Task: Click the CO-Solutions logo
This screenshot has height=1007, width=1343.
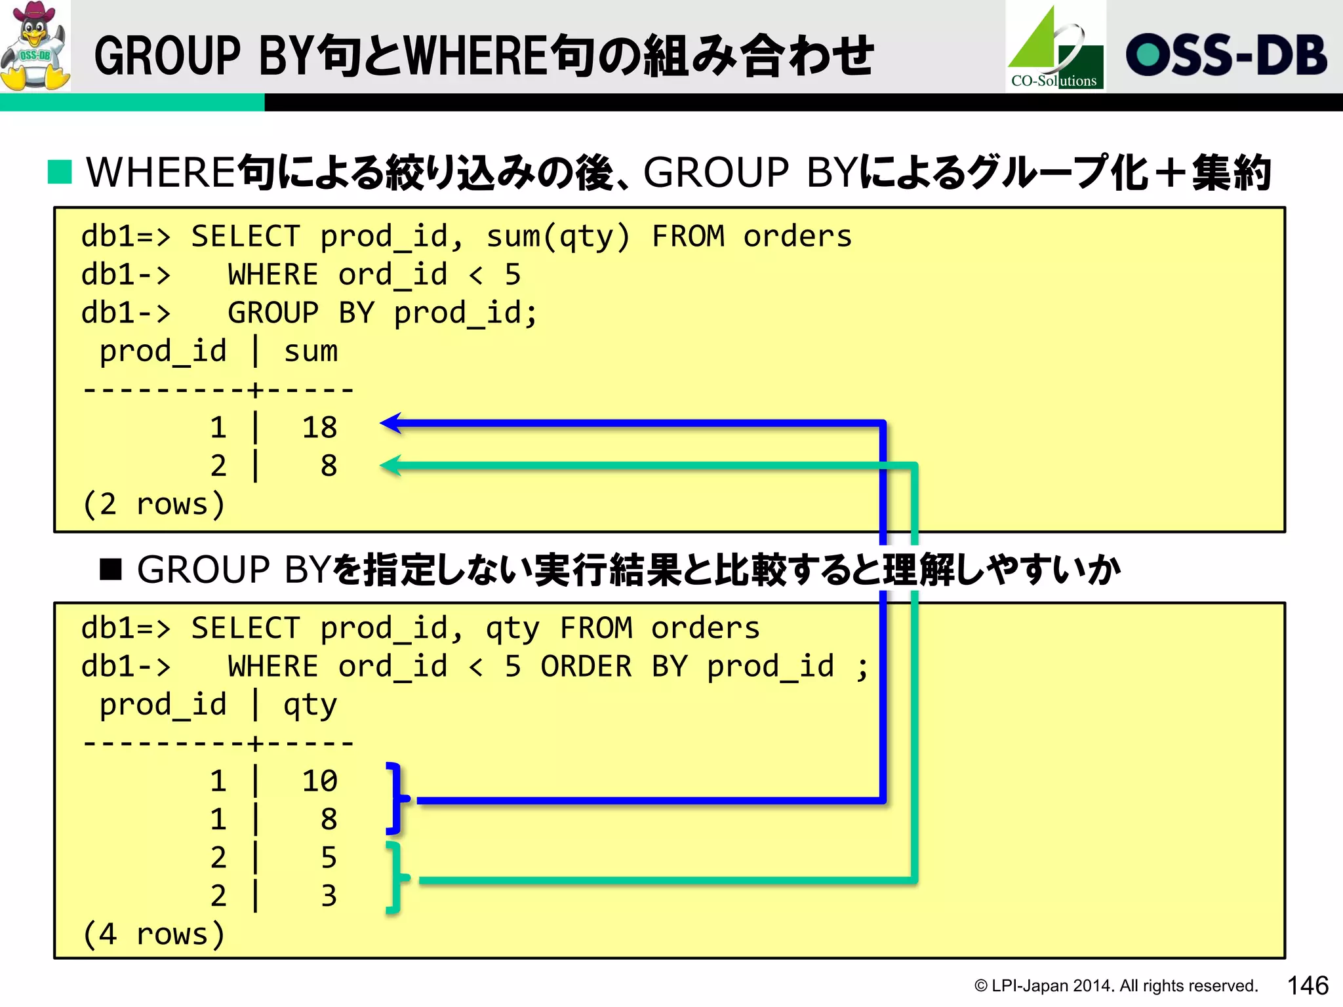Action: click(x=1055, y=47)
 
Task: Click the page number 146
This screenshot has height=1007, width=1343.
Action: click(x=1308, y=985)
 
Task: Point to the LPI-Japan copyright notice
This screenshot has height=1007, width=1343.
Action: click(x=1115, y=985)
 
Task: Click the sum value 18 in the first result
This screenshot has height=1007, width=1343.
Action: click(x=319, y=427)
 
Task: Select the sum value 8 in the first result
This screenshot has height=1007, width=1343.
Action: click(x=329, y=466)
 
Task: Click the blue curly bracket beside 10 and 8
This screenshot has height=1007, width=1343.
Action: click(x=396, y=799)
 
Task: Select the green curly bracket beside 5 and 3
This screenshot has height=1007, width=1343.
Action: click(x=396, y=879)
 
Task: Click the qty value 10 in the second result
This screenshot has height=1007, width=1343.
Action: click(x=319, y=781)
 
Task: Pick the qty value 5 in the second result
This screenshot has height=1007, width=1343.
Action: click(x=329, y=858)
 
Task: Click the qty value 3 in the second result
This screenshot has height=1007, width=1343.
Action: click(x=329, y=896)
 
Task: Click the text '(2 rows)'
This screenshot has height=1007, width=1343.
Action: click(x=154, y=504)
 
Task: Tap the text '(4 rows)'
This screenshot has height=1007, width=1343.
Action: click(x=154, y=934)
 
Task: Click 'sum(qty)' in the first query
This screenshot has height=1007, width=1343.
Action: click(x=558, y=237)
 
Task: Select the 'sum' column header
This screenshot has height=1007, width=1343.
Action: click(x=311, y=351)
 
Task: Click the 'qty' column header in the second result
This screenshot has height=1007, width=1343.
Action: click(x=310, y=705)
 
